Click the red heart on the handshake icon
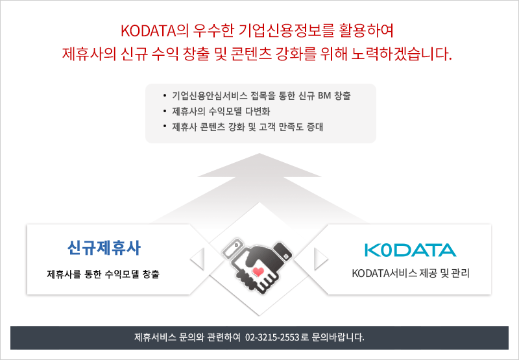(x=258, y=272)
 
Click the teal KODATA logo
(x=411, y=250)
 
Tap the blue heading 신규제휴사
(x=104, y=248)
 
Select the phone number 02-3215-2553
(x=272, y=337)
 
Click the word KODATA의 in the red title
(x=154, y=30)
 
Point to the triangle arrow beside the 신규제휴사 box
(x=198, y=258)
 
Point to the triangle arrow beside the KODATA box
(x=320, y=258)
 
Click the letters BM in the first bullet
(x=324, y=96)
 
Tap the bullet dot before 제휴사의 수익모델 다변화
(x=165, y=111)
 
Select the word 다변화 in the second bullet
(x=258, y=112)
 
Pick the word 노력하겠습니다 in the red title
(x=401, y=54)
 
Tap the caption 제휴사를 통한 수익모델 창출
(x=103, y=274)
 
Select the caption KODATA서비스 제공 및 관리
(x=411, y=274)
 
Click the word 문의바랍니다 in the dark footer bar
(x=338, y=337)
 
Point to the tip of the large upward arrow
(x=259, y=154)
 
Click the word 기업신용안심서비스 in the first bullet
(x=210, y=96)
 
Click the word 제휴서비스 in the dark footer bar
(x=155, y=337)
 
